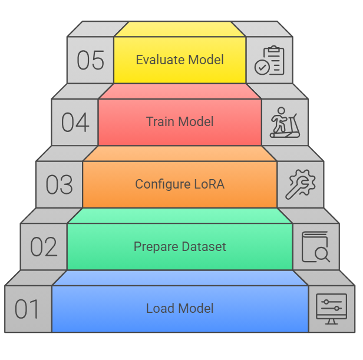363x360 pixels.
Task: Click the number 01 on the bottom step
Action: pyautogui.click(x=27, y=309)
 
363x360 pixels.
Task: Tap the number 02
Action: pyautogui.click(x=44, y=247)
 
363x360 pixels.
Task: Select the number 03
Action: pyautogui.click(x=59, y=185)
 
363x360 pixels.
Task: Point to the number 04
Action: pyautogui.click(x=75, y=123)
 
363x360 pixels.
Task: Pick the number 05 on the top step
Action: pyautogui.click(x=90, y=61)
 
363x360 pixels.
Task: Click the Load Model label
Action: pyautogui.click(x=180, y=309)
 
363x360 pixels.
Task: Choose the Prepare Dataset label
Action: pyautogui.click(x=180, y=246)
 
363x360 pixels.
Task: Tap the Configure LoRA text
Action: pyautogui.click(x=180, y=184)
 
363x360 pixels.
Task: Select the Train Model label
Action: pyautogui.click(x=180, y=122)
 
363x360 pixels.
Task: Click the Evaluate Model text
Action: pyautogui.click(x=180, y=60)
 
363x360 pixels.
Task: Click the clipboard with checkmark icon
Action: pyautogui.click(x=269, y=61)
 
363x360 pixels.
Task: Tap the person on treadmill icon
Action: pyautogui.click(x=285, y=122)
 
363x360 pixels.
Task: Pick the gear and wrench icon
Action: pyautogui.click(x=300, y=184)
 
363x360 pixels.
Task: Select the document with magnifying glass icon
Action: pyautogui.click(x=316, y=247)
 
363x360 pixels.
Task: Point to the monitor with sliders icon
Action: pyautogui.click(x=332, y=309)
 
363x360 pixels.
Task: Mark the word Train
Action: pyautogui.click(x=159, y=122)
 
